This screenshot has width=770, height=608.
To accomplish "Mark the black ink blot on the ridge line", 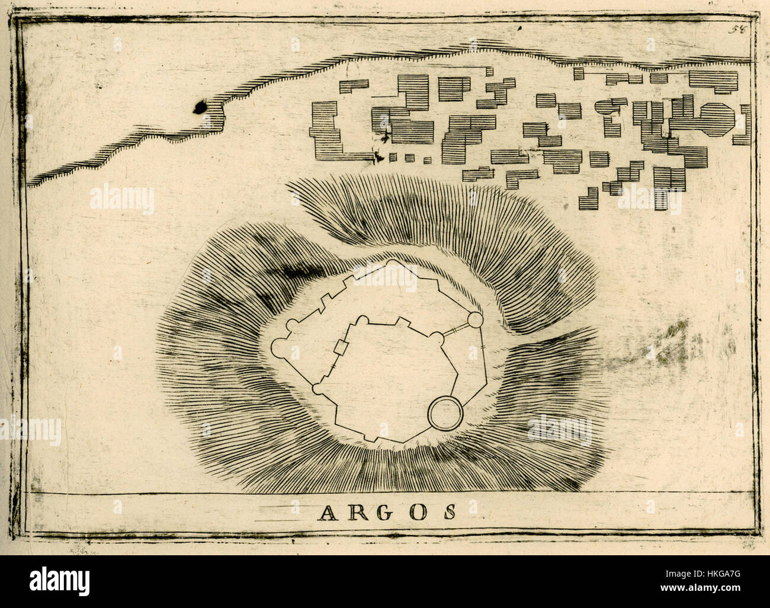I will [x=199, y=107].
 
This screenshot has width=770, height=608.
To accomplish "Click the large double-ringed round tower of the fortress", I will [x=444, y=412].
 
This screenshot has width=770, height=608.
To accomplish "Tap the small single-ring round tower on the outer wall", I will [x=475, y=321].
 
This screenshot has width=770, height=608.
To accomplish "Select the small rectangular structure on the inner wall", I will [x=341, y=348].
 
